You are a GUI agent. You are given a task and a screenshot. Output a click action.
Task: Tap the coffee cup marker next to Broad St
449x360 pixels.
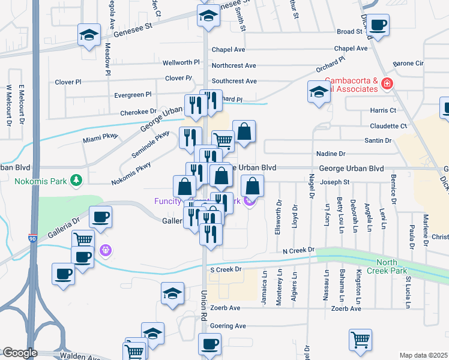point(378,25)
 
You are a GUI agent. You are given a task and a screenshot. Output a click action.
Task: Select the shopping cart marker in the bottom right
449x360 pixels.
point(360,340)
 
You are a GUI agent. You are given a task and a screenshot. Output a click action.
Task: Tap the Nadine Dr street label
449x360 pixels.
point(334,154)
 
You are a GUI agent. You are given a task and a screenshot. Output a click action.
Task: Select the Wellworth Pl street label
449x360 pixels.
point(181,62)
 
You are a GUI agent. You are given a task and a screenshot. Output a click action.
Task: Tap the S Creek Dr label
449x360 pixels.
point(225,270)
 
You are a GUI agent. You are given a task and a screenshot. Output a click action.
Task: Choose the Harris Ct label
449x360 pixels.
point(384,110)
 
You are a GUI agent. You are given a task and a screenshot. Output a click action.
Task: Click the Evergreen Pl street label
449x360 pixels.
point(133,95)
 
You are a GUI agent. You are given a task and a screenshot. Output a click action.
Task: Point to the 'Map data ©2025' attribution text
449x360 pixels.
point(423,355)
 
